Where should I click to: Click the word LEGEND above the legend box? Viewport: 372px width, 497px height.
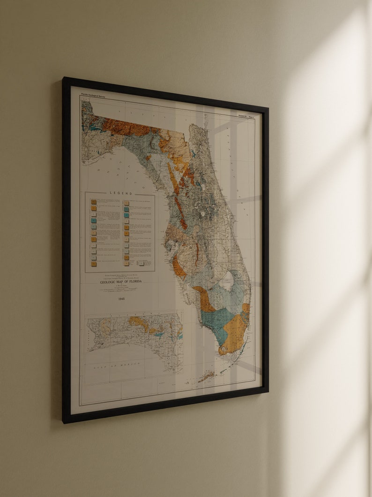point(121,193)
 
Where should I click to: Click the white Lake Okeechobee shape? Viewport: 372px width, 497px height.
point(226,280)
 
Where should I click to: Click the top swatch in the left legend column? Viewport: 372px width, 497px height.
point(94,202)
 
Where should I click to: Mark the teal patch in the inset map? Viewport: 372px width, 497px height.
point(159,334)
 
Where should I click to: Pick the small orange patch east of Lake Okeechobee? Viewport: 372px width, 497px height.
point(246,308)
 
